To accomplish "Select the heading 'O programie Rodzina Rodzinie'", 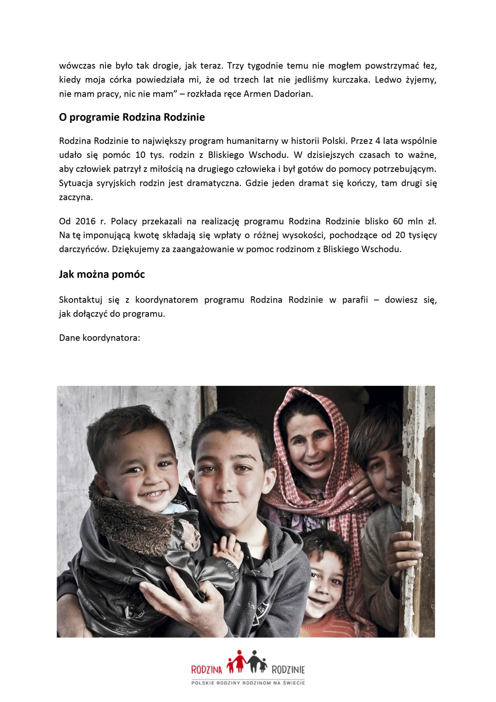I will pos(132,117).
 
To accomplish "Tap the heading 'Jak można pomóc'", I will pos(102,274).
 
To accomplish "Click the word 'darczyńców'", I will pos(84,249).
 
